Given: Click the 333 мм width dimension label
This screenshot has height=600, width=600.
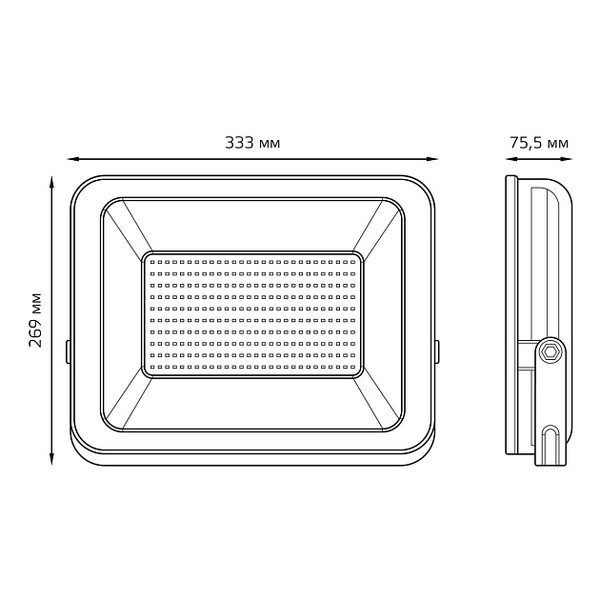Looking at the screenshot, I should click(252, 143).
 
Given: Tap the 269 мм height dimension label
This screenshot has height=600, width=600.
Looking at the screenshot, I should click(35, 318).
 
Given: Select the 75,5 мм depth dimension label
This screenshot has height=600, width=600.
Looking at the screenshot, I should click(538, 143).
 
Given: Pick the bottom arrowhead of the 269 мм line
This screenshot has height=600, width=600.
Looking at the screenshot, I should click(51, 461).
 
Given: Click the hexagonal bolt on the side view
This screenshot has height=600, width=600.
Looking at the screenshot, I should click(550, 350).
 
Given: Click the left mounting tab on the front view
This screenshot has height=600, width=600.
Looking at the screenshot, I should click(68, 350).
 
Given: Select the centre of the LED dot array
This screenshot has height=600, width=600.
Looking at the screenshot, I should click(252, 314).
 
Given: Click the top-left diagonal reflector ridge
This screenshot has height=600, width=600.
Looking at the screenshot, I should click(124, 229).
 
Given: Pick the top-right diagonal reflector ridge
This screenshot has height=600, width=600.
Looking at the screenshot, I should click(381, 229).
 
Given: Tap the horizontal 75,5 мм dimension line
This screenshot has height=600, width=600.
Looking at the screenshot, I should click(538, 159).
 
